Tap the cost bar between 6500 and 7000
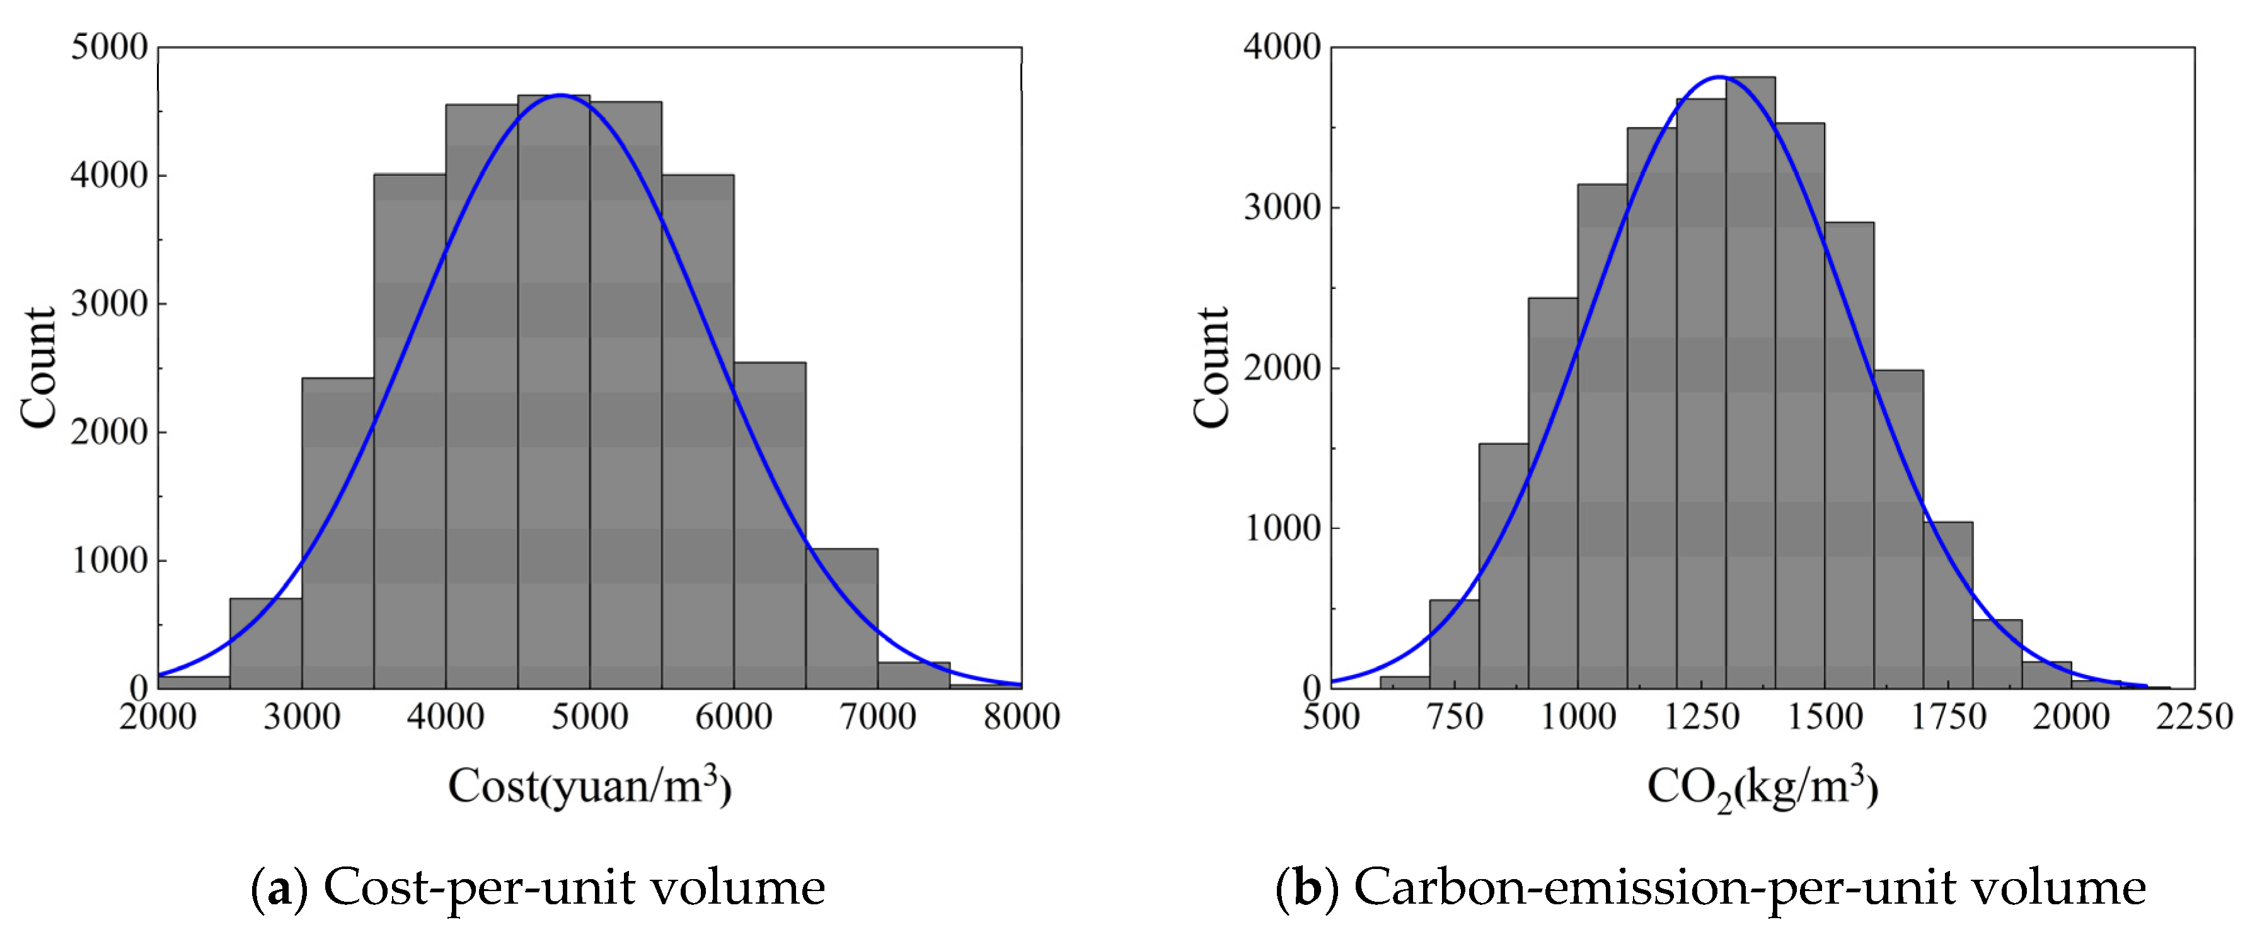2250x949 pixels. (x=841, y=619)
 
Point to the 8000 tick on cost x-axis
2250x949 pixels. (x=1021, y=717)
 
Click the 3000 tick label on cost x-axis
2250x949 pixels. (x=301, y=717)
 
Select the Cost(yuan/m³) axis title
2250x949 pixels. (x=589, y=786)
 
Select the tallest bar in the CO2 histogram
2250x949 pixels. (x=1750, y=384)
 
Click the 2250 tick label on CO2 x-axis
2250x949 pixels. (x=2193, y=717)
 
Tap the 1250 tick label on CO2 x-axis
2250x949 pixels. (x=1700, y=717)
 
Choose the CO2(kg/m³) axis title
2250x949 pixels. (x=1762, y=788)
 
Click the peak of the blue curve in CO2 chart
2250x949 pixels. (x=1719, y=77)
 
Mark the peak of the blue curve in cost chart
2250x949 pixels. (x=560, y=94)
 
